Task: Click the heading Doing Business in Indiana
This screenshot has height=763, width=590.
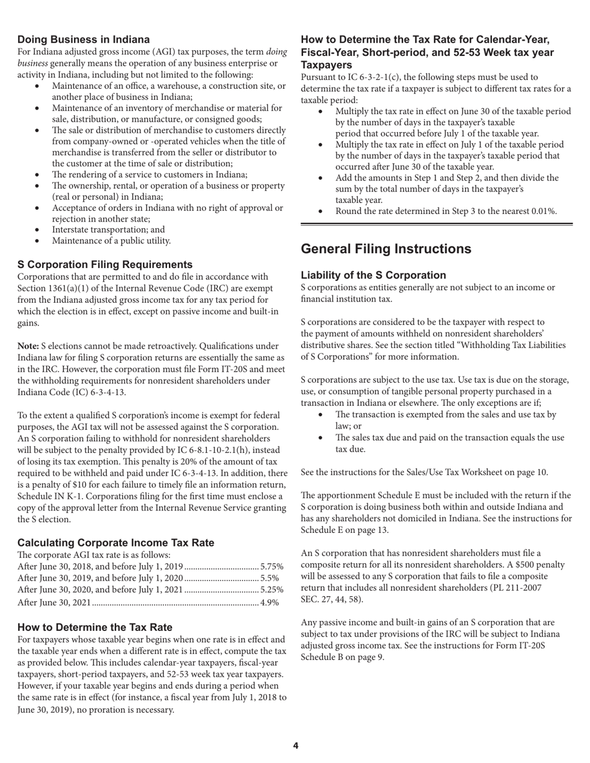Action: tap(83, 40)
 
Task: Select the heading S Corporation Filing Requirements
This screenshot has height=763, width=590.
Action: tap(105, 264)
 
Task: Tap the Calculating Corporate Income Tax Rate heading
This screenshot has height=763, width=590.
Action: tap(116, 542)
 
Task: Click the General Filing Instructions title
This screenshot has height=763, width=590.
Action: tap(386, 249)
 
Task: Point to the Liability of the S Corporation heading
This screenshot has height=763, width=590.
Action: tap(373, 275)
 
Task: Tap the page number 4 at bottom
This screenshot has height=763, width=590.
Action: tap(296, 746)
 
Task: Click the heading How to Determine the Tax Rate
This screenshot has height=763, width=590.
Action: tap(95, 627)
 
